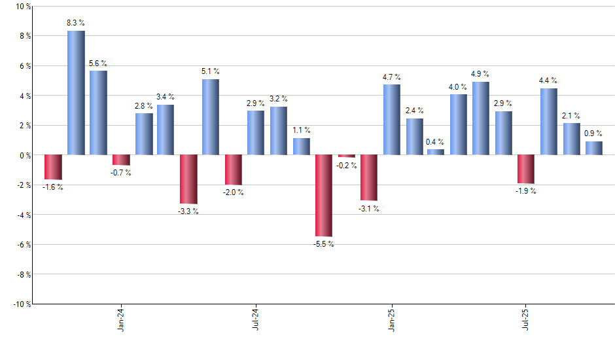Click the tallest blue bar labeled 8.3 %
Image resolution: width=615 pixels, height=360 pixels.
[76, 92]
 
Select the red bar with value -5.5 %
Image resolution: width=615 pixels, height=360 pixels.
[324, 195]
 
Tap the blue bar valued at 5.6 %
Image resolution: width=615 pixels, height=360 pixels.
[98, 113]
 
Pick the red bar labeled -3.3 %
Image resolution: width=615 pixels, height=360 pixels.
[188, 179]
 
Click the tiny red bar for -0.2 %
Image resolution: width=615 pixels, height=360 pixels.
[347, 156]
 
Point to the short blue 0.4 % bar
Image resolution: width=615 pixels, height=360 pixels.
[436, 152]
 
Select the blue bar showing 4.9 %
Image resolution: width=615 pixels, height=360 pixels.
[481, 118]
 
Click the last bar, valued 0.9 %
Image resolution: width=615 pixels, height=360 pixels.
[594, 148]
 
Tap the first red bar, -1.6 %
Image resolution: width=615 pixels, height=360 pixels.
[53, 167]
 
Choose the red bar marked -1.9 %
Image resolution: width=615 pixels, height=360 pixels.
[526, 169]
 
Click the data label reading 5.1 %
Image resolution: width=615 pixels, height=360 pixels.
[211, 71]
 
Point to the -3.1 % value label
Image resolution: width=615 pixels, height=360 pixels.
[369, 209]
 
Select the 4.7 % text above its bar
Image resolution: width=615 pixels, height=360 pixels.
[391, 77]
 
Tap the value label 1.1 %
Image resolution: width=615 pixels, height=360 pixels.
[302, 130]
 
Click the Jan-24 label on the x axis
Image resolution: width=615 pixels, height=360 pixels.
[120, 321]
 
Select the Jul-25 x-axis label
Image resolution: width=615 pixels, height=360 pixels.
[527, 321]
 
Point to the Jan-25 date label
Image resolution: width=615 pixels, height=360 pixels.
[391, 321]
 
